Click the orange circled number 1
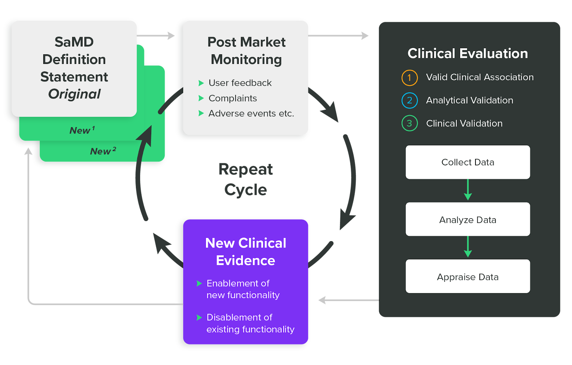point(409,78)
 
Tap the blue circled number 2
point(409,101)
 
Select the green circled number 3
point(409,124)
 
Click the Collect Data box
point(468,162)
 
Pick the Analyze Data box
point(468,219)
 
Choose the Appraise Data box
point(468,276)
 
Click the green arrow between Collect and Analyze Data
point(468,190)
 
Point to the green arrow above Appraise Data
point(468,247)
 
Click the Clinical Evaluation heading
point(468,54)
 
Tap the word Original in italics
point(74,94)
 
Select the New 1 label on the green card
point(82,130)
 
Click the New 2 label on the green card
point(103,151)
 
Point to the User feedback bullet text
point(240,83)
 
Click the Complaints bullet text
point(233,98)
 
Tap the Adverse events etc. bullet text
point(251,114)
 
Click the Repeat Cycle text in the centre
point(246,179)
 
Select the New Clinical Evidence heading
point(246,252)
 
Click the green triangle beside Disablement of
point(199,317)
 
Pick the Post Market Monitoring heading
point(246,51)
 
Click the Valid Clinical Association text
point(480,77)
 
